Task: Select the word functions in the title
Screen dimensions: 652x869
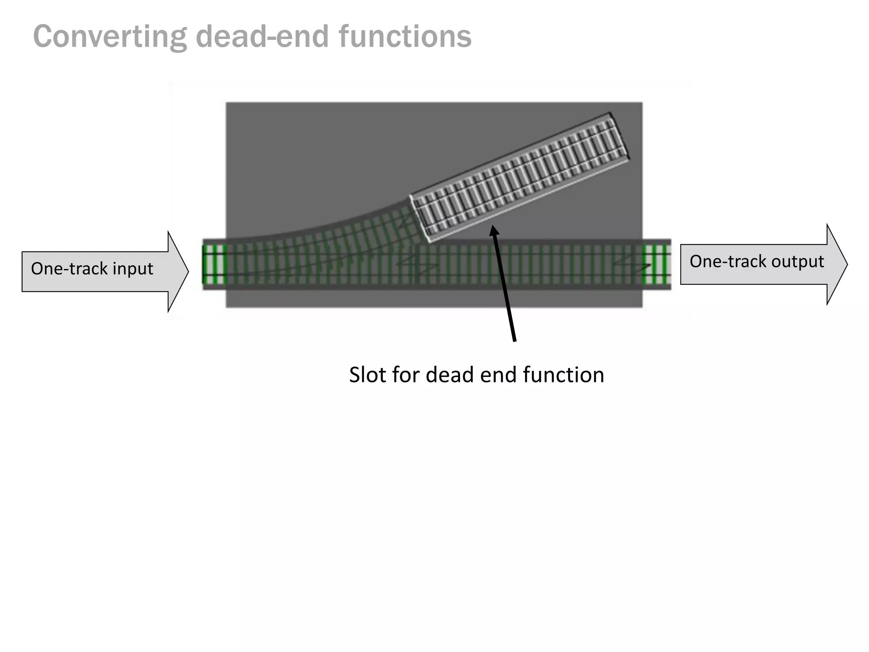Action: pos(405,37)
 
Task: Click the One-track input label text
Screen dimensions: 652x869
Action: pos(92,269)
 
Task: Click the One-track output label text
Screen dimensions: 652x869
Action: pos(757,261)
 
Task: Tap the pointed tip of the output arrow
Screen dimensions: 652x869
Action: pos(847,264)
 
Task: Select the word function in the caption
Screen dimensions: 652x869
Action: pos(563,375)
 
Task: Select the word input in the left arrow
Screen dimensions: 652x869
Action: pos(135,269)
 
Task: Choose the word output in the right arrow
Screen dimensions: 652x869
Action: pos(798,261)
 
